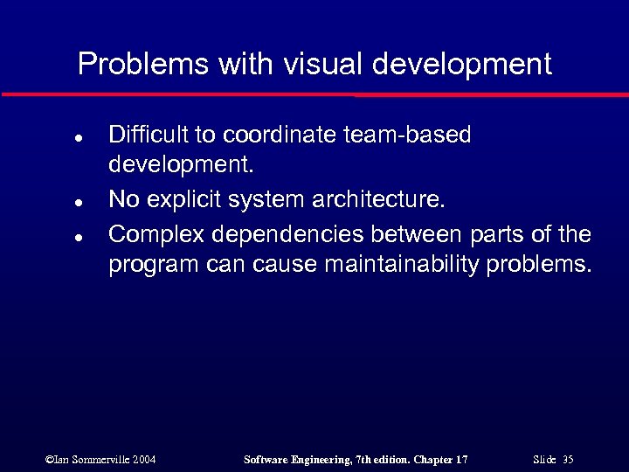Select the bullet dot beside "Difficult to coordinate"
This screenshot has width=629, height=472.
coord(78,138)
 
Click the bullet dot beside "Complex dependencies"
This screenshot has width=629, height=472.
coord(78,237)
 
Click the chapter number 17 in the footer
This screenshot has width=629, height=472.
coord(461,460)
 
